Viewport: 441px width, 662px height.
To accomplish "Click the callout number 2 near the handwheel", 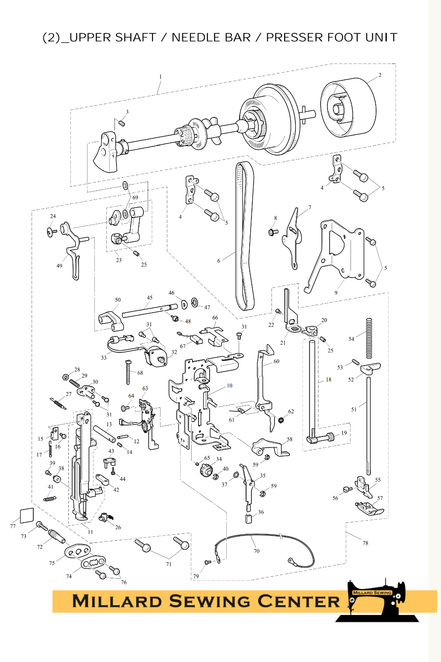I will pyautogui.click(x=380, y=75).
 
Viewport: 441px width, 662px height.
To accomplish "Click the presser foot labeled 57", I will pyautogui.click(x=370, y=508).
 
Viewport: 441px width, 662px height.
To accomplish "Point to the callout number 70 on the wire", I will pyautogui.click(x=257, y=551).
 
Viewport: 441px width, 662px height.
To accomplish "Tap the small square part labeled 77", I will pyautogui.click(x=27, y=515).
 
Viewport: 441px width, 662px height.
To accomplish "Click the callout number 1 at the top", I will pyautogui.click(x=161, y=77).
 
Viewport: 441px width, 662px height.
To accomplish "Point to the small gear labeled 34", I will pyautogui.click(x=207, y=471).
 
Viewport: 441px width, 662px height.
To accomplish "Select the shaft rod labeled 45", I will pyautogui.click(x=149, y=310).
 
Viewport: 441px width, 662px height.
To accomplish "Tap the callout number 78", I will pyautogui.click(x=365, y=543).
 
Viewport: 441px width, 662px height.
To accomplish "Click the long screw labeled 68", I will pyautogui.click(x=128, y=372).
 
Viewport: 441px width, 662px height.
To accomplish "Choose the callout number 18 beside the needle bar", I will pyautogui.click(x=328, y=379).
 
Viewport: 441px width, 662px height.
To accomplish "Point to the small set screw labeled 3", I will pyautogui.click(x=122, y=123).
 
